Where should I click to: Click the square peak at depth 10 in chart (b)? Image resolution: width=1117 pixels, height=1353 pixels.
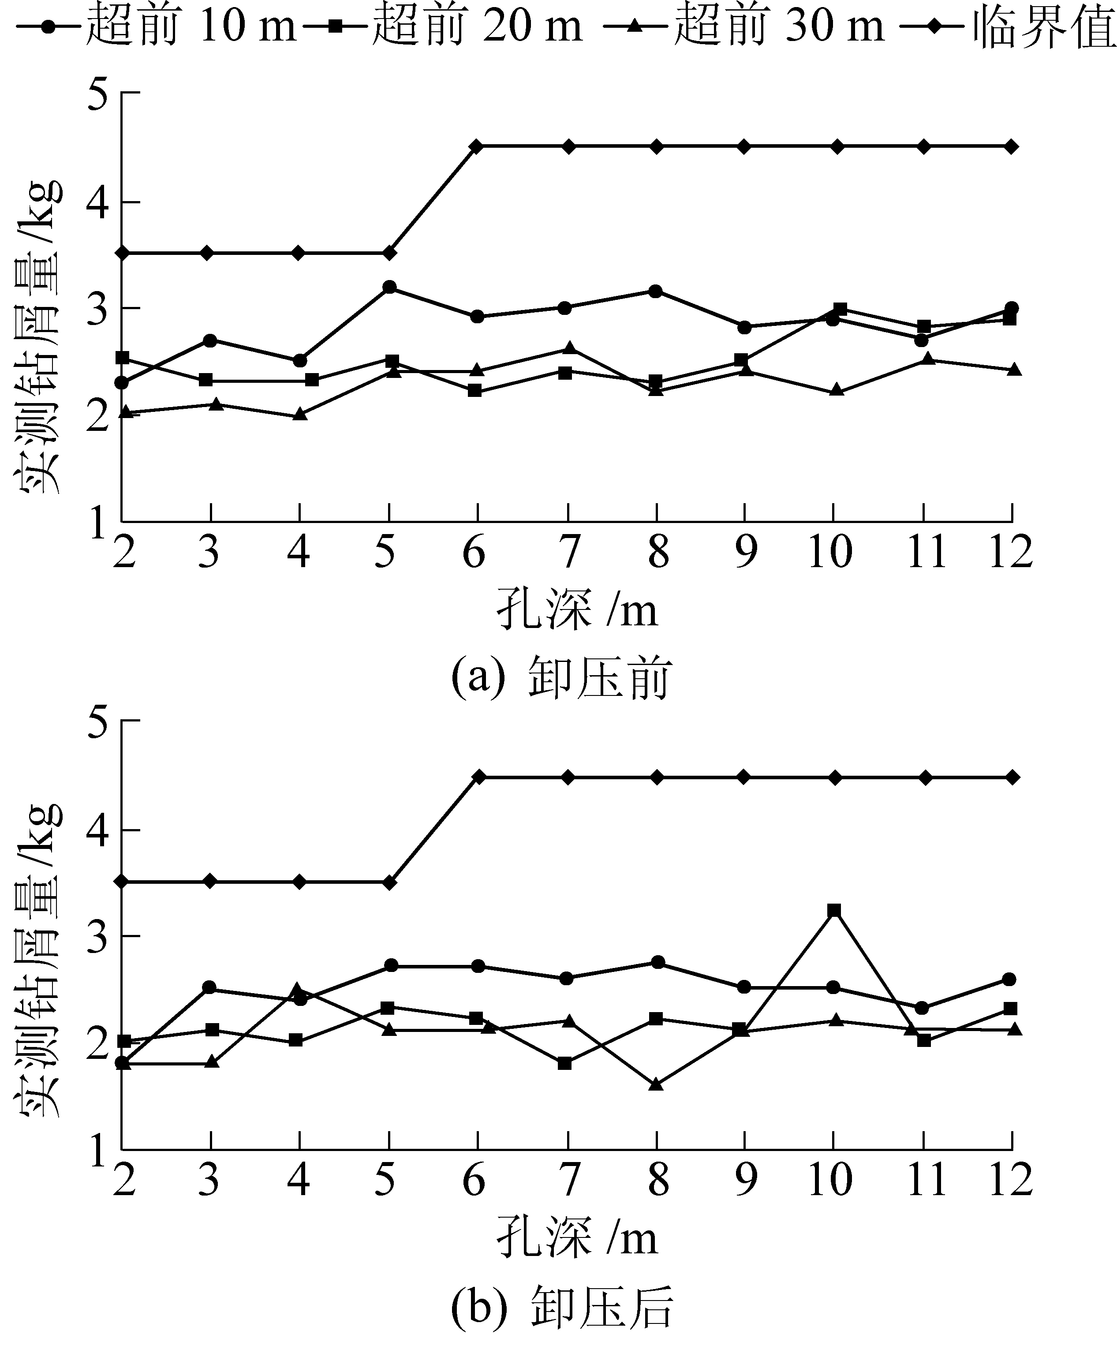pos(834,910)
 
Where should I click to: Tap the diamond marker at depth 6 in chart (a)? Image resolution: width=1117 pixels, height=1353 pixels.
pos(477,147)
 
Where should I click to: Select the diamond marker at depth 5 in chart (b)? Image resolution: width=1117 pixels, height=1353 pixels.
pos(389,882)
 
